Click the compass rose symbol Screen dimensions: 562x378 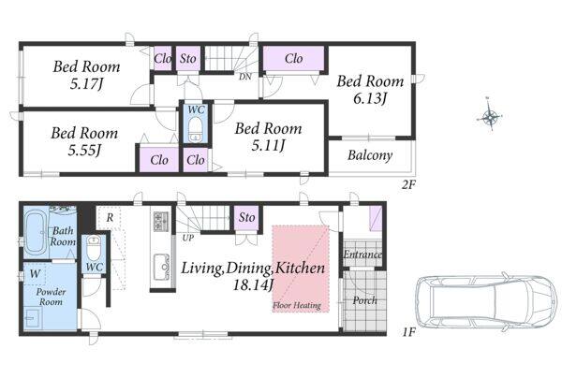[x=490, y=117]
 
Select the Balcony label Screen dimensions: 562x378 [x=370, y=155]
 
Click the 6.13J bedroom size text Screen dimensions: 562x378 [x=370, y=98]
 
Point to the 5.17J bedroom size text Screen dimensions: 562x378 [x=86, y=84]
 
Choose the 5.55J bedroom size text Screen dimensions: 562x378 [x=84, y=151]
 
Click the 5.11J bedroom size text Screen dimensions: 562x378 [x=268, y=146]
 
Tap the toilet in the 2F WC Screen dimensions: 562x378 [x=196, y=129]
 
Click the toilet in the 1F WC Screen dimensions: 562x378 [x=94, y=249]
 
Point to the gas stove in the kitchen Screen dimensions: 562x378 [x=161, y=221]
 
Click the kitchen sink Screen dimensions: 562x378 [x=162, y=267]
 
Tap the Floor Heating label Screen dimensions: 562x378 [x=297, y=306]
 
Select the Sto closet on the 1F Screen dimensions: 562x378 [x=247, y=217]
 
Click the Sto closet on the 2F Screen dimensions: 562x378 [x=187, y=58]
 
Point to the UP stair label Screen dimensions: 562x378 [x=188, y=238]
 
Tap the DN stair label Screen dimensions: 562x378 [x=245, y=77]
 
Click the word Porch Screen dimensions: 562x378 [x=365, y=300]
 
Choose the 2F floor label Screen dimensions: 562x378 [x=408, y=184]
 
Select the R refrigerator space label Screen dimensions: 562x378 [x=110, y=217]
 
